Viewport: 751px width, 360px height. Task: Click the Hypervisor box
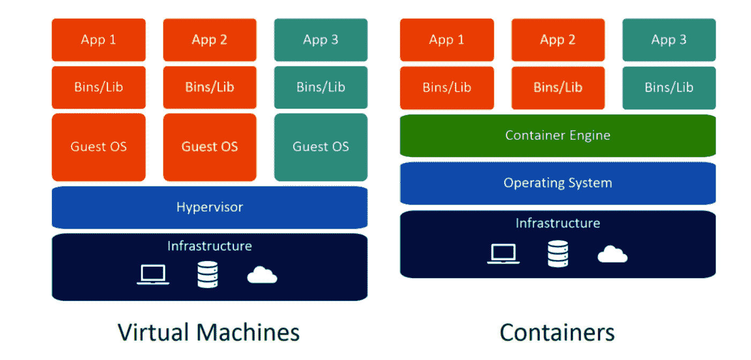[209, 207]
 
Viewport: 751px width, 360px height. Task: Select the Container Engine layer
[558, 135]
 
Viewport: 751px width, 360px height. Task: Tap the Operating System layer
[558, 183]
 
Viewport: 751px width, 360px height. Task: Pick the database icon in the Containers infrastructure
[558, 253]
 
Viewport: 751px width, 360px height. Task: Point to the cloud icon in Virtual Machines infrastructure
[262, 275]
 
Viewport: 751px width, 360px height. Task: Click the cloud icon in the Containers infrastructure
[612, 254]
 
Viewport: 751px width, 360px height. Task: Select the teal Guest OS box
[320, 147]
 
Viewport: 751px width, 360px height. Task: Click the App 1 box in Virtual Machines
[99, 40]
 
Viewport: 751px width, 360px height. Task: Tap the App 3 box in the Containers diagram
[669, 40]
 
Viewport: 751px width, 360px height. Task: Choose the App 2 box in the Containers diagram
[558, 40]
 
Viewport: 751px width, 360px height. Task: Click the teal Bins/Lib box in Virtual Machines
[320, 87]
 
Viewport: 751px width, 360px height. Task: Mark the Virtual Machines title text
[209, 332]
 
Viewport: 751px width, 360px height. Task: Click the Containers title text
[557, 332]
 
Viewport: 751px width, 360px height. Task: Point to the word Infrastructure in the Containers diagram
[558, 223]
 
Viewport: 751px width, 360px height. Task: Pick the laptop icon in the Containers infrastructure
[503, 254]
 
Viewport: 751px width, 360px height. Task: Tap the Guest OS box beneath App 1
[99, 147]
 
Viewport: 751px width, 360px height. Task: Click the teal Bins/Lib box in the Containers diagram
[669, 87]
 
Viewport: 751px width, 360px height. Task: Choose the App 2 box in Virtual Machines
[209, 40]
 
